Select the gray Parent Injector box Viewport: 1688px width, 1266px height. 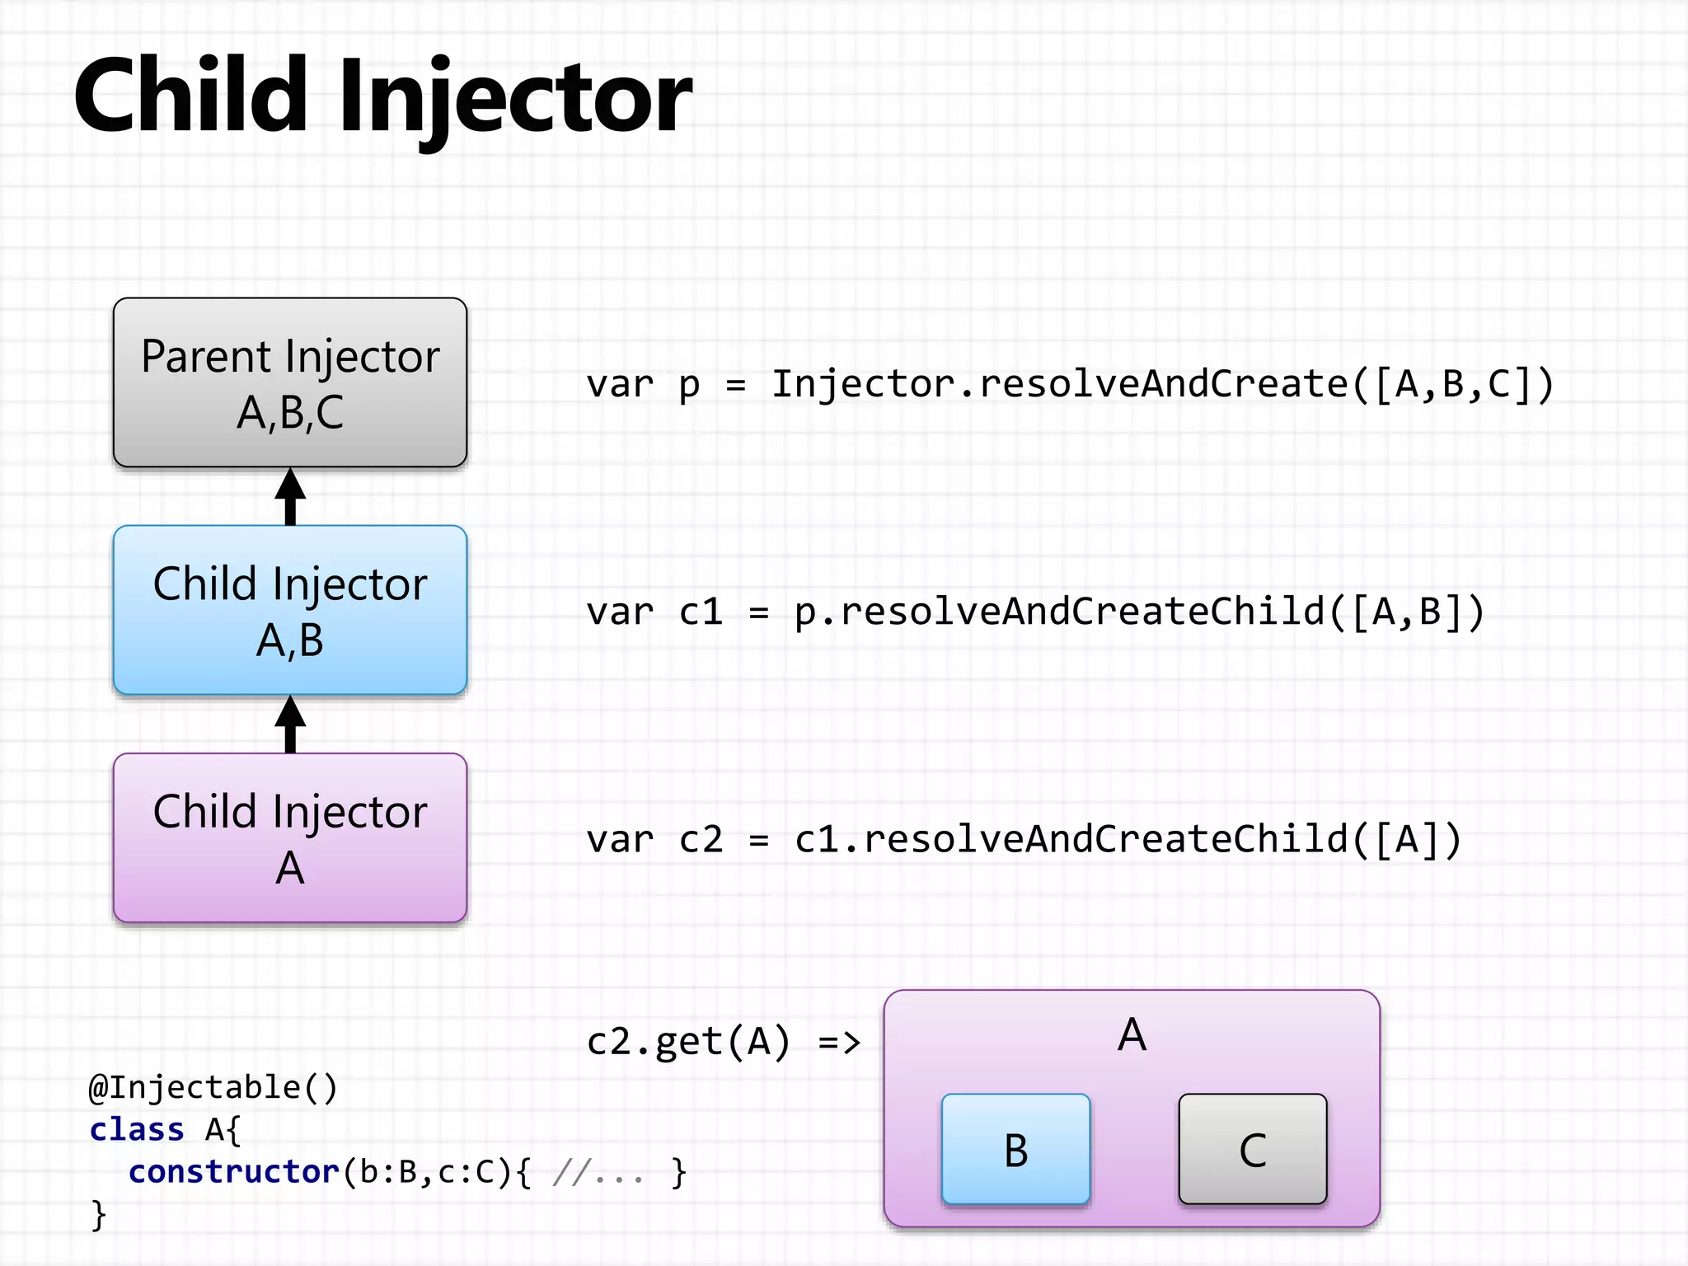point(290,382)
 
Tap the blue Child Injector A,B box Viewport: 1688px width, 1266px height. point(290,610)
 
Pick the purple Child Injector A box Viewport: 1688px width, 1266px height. point(290,837)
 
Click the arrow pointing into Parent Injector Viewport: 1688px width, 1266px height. point(290,496)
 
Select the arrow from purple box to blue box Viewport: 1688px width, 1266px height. point(290,724)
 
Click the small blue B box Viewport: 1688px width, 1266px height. point(1015,1149)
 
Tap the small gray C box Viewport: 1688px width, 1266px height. point(1253,1149)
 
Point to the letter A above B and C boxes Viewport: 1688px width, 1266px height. point(1132,1034)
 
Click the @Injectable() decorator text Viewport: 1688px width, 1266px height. point(213,1088)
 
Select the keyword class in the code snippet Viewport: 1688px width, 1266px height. point(136,1130)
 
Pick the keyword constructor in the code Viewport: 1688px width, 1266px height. point(233,1172)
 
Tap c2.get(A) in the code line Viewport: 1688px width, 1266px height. point(688,1042)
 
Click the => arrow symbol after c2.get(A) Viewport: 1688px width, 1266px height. point(839,1043)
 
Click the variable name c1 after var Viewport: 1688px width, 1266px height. point(701,612)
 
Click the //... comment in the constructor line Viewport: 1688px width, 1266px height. point(598,1172)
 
